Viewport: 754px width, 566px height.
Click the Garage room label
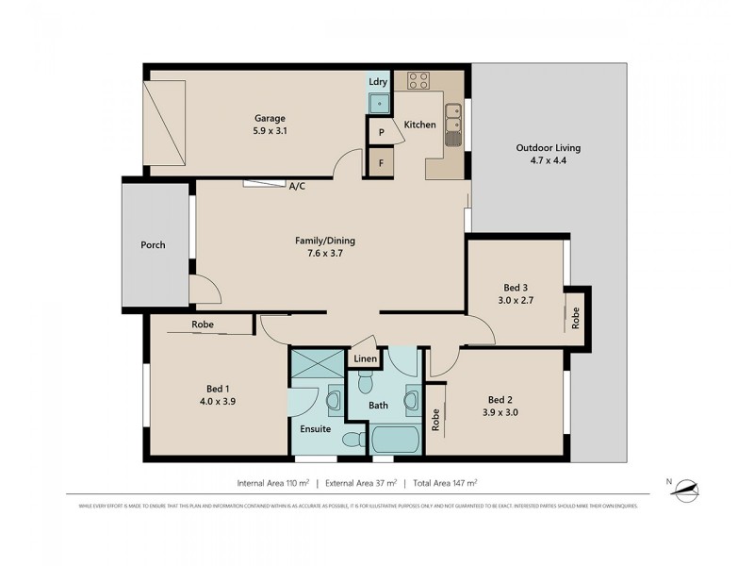coord(269,118)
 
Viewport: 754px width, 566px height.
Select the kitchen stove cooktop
coord(418,81)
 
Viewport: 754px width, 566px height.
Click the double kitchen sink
coord(453,125)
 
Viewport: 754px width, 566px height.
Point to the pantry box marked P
coord(381,133)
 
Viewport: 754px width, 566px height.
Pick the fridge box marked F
coord(381,163)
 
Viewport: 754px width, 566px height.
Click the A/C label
coord(297,186)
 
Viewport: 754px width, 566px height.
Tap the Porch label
coord(153,245)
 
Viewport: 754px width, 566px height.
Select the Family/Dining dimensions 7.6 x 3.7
coord(324,254)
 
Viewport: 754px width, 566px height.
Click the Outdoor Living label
coord(548,148)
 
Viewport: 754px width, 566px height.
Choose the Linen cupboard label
coord(366,359)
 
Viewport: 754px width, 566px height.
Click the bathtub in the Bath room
coord(397,440)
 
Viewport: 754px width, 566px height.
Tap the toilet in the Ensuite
coord(351,439)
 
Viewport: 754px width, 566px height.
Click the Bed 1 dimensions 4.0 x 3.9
coord(219,401)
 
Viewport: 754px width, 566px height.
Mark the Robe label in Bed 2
coord(435,419)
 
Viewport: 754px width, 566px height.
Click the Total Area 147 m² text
coord(446,483)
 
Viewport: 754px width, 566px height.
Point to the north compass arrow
coord(690,487)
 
